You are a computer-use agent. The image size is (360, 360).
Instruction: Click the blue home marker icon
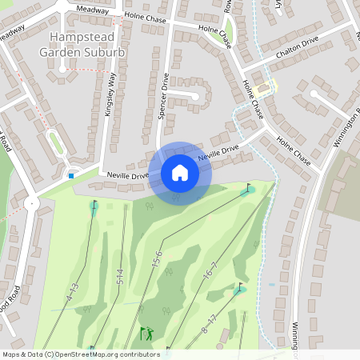tap(180, 173)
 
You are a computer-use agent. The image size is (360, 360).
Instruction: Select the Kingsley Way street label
tap(110, 94)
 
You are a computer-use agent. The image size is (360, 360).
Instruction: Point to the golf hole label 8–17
tap(209, 324)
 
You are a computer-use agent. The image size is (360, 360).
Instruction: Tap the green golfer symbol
tap(146, 333)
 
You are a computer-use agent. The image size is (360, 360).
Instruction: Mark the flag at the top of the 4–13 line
tap(94, 205)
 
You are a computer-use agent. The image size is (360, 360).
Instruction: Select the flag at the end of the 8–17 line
tap(238, 288)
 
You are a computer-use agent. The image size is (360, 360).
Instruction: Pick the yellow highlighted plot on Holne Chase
tap(269, 87)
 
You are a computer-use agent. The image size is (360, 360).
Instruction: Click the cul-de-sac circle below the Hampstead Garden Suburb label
tap(62, 70)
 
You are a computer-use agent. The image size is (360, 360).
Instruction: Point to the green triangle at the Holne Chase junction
tap(229, 31)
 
